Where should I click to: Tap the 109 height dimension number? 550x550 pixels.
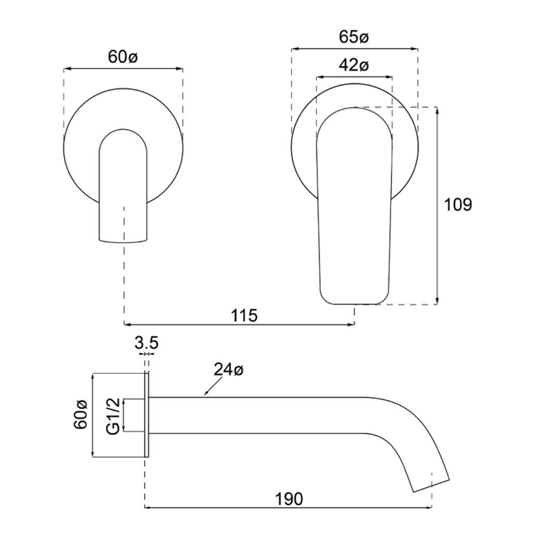(458, 205)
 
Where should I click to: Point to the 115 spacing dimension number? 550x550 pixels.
(244, 315)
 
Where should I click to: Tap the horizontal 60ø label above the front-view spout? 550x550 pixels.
(123, 57)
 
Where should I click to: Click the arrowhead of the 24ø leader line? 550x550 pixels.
(205, 394)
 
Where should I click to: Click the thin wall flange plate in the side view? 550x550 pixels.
(147, 415)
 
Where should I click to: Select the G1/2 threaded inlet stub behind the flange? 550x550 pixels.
(134, 415)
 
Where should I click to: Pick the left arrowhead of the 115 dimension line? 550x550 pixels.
(127, 324)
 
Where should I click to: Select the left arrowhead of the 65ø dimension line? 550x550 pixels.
(294, 49)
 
